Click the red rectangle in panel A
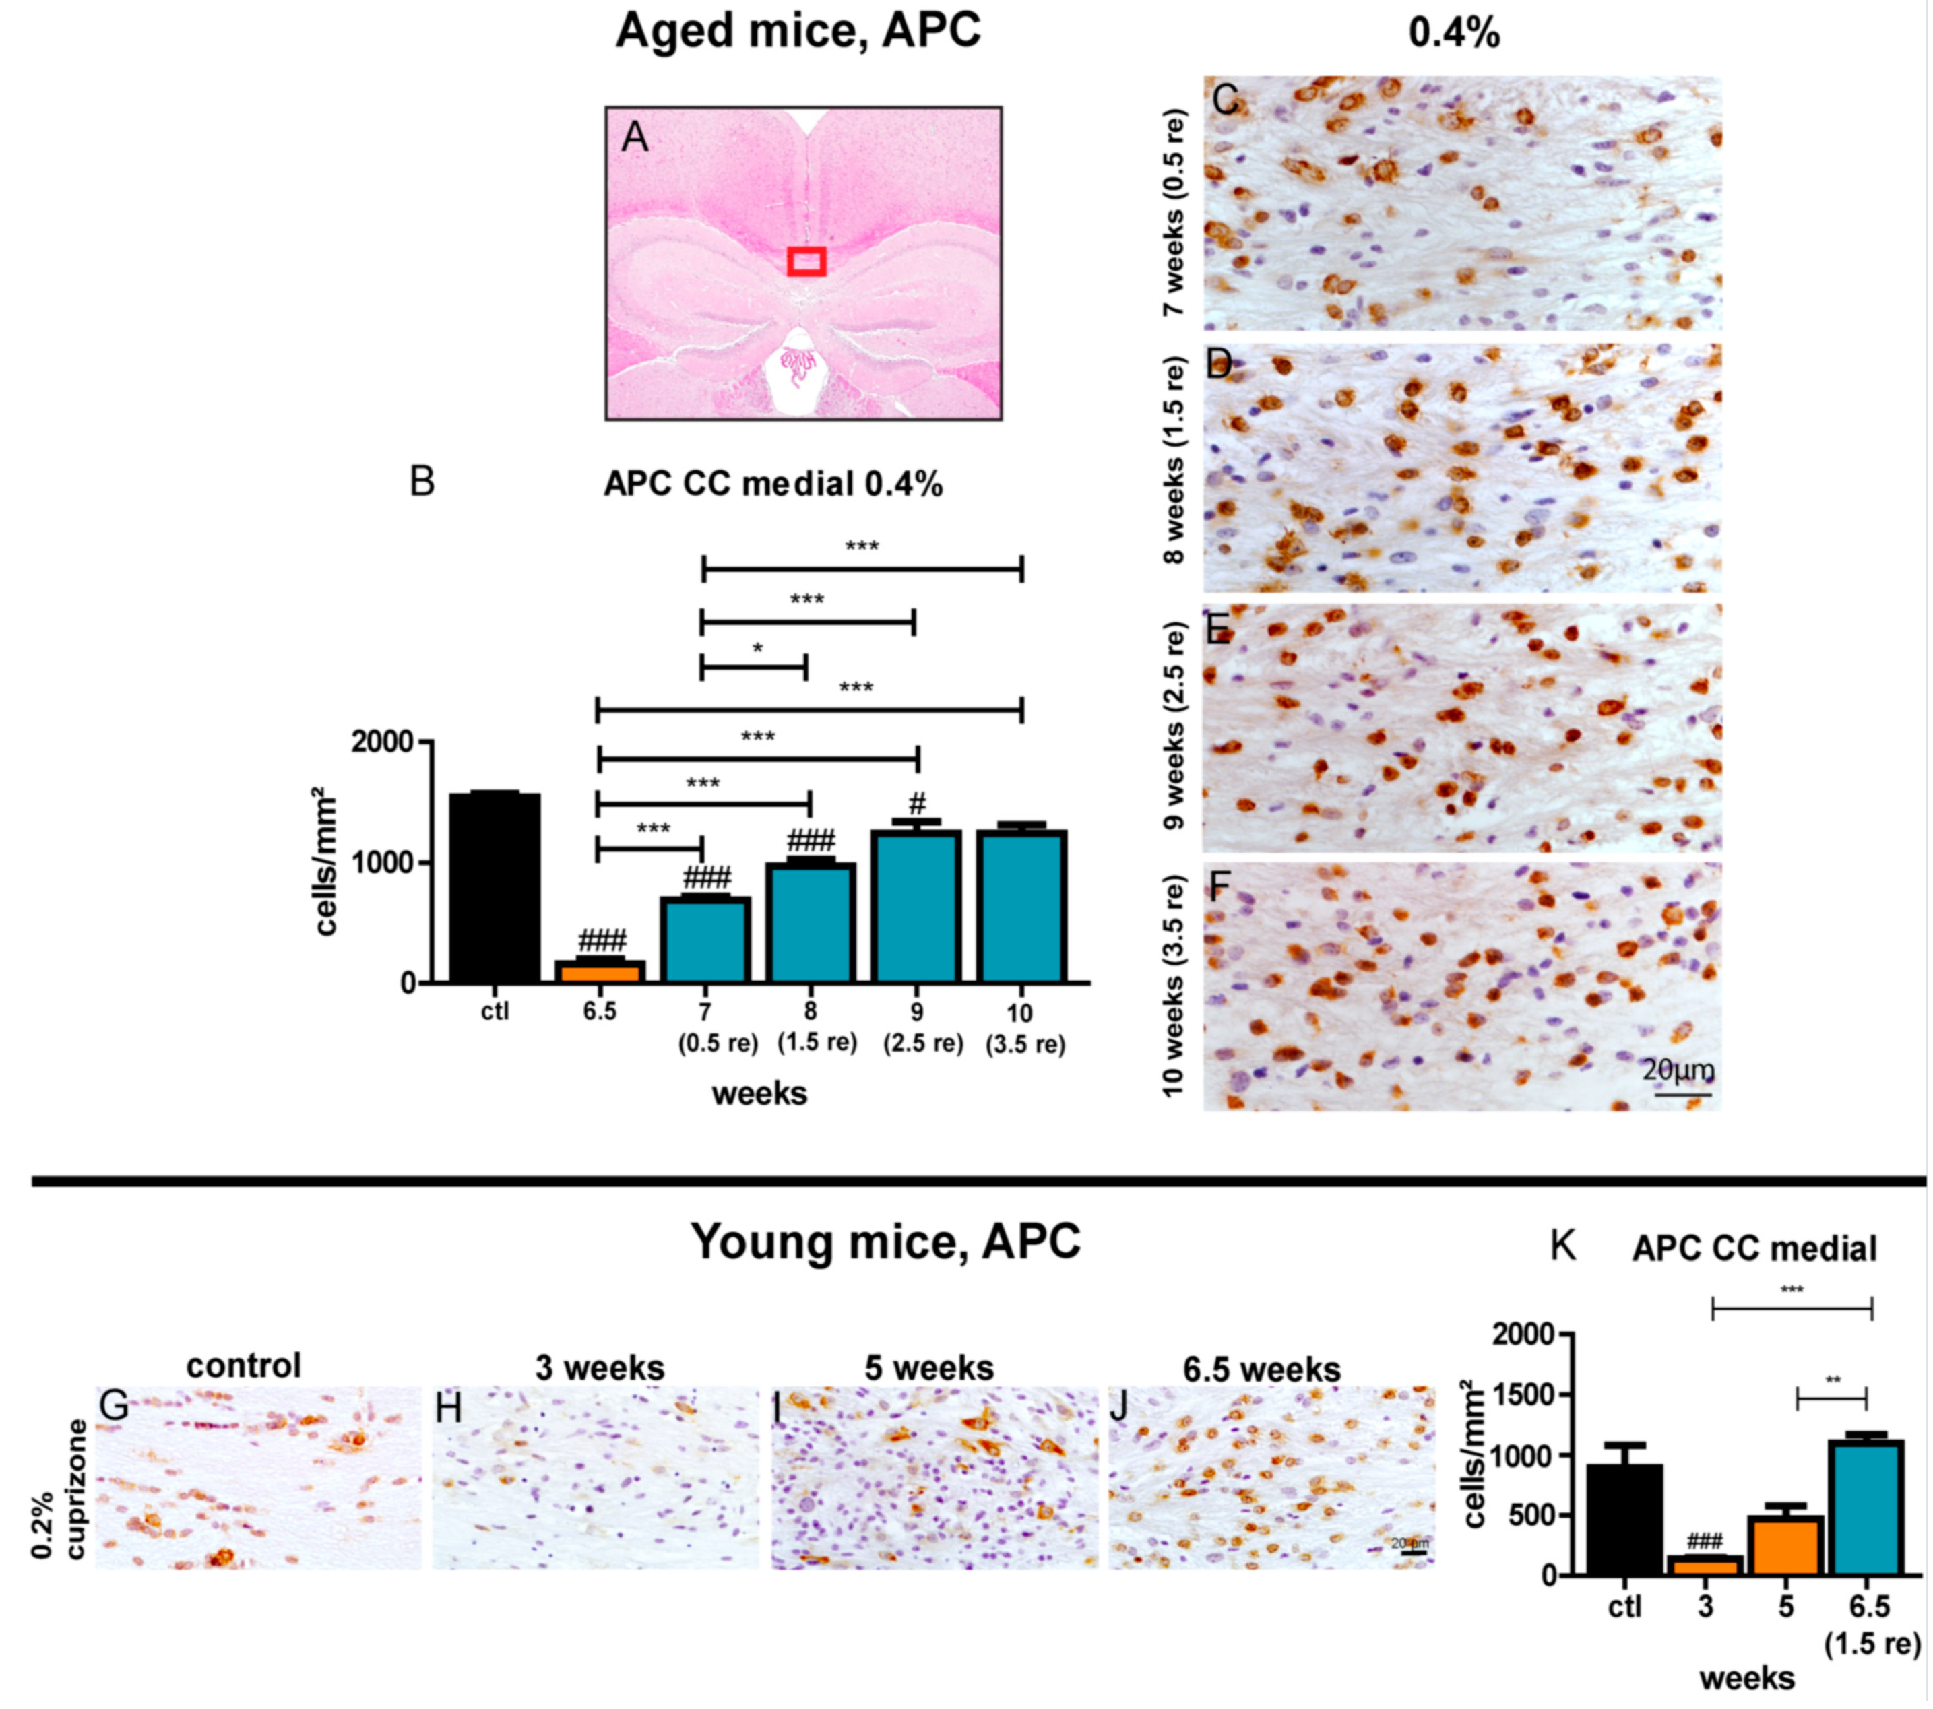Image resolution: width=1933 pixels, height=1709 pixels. pyautogui.click(x=806, y=261)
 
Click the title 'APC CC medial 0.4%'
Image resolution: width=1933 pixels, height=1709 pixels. pyautogui.click(x=773, y=484)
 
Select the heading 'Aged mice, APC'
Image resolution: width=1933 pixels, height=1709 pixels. pyautogui.click(x=798, y=31)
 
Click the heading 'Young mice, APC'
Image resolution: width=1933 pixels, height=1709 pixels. pyautogui.click(x=885, y=1241)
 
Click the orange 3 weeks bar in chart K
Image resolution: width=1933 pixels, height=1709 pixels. pyautogui.click(x=1706, y=1566)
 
